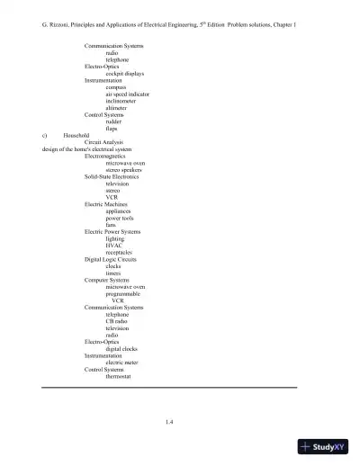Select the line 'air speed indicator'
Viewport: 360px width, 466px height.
tap(128, 94)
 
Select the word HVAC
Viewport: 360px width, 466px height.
tap(114, 246)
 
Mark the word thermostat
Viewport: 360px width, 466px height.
tap(119, 376)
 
